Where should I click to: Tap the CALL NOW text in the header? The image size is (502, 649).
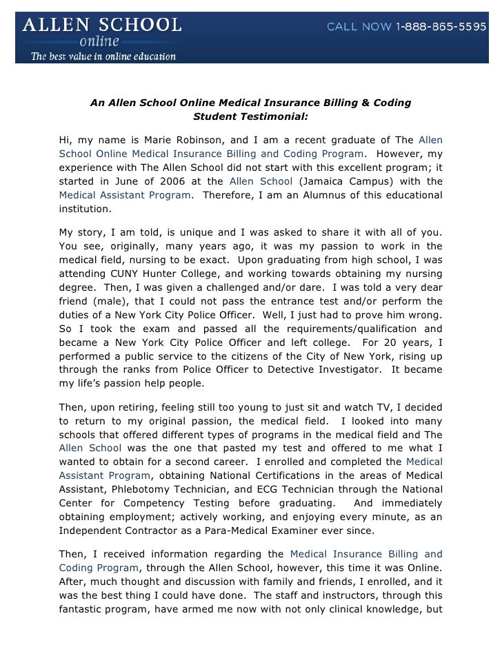(x=359, y=27)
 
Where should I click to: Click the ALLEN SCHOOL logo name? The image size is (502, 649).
(x=103, y=25)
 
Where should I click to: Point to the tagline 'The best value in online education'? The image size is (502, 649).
(x=103, y=56)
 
